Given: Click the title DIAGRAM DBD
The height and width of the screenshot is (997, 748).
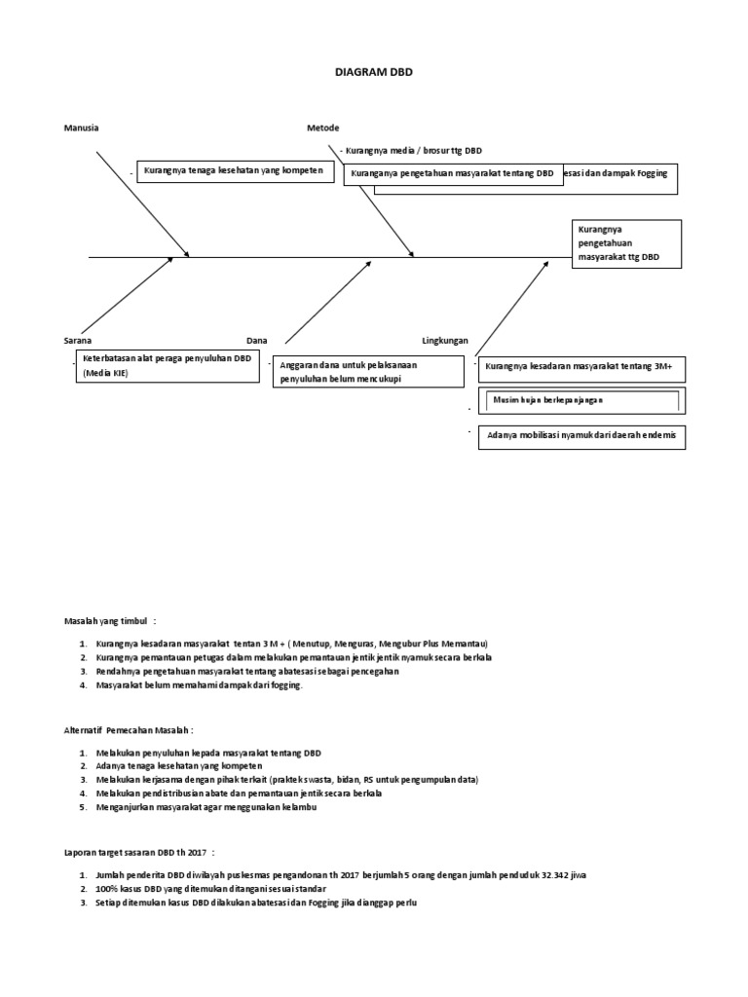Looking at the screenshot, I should tap(374, 72).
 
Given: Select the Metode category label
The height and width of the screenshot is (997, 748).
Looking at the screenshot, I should tap(323, 128).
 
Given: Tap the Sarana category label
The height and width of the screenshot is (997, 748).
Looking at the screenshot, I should tap(78, 341).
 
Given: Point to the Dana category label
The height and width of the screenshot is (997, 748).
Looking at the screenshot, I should tap(256, 341).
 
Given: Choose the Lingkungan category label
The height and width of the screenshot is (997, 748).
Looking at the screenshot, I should tap(444, 341).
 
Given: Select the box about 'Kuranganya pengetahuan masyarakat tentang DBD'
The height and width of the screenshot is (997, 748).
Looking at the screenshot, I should tap(452, 173).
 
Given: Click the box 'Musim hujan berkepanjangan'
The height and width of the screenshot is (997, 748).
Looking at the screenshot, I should tap(580, 400).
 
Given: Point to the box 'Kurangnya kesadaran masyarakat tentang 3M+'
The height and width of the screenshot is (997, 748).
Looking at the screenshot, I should tap(581, 368).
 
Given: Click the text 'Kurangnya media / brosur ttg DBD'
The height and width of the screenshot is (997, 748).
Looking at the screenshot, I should tap(414, 151).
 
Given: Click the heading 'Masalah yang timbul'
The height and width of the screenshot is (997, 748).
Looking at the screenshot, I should tap(110, 619).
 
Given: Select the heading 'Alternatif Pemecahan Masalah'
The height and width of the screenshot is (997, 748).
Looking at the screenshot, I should tap(130, 728).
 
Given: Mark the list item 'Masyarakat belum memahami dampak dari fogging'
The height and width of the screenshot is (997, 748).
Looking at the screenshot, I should tap(200, 684).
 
